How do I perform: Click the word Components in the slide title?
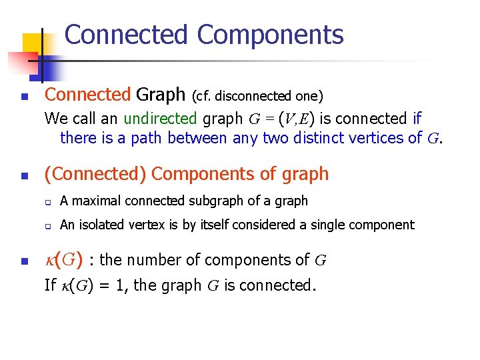pos(270,35)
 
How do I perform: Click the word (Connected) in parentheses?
pos(95,174)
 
